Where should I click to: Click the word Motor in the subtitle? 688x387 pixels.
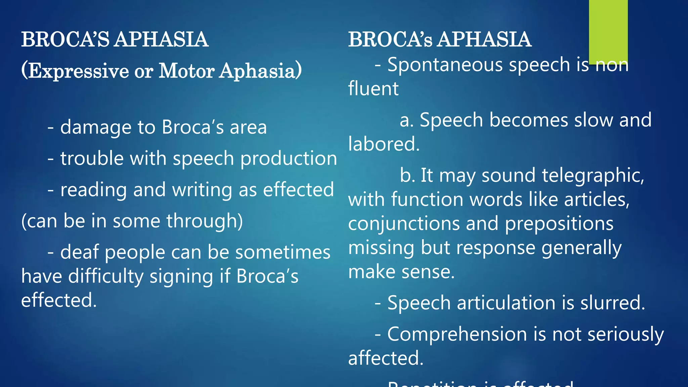pos(186,71)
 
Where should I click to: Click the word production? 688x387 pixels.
pos(289,159)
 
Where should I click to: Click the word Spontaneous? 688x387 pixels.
pos(445,64)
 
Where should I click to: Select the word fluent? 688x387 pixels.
pos(373,89)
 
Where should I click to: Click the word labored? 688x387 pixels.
pos(384,144)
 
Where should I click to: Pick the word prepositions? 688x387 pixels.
pos(559,224)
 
